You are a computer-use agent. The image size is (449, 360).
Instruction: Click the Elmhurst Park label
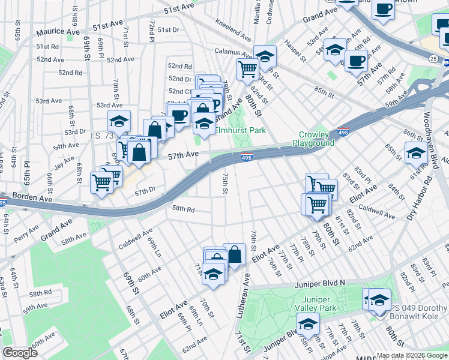240,130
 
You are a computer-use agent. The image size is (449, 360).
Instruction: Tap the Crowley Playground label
313,139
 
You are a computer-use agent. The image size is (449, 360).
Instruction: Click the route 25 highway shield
433,58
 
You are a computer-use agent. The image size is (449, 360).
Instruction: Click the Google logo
20,353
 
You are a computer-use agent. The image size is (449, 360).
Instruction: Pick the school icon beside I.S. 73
119,122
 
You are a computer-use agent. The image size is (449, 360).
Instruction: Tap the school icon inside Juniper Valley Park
309,325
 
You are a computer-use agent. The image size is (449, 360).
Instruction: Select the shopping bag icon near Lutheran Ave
234,254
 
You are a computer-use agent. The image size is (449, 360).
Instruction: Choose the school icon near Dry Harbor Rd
416,154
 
